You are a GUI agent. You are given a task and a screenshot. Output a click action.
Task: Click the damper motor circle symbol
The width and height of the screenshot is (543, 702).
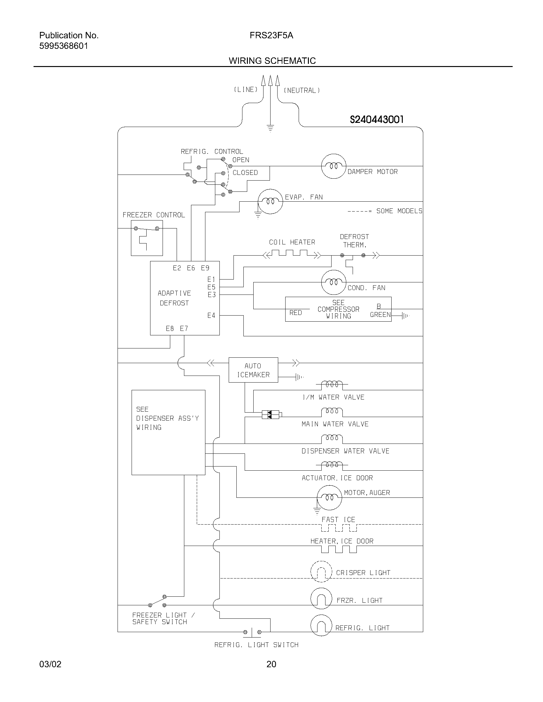point(333,166)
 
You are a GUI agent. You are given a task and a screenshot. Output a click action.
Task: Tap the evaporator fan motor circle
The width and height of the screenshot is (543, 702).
point(271,202)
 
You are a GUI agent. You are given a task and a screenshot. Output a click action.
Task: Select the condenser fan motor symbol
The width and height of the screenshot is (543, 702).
point(333,282)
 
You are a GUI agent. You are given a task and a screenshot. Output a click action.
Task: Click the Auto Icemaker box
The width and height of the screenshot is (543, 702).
point(253,370)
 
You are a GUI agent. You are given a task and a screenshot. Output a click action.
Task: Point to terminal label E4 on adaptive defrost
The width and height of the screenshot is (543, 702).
point(211,316)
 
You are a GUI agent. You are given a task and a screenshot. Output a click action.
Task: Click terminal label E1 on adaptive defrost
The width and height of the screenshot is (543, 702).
point(211,279)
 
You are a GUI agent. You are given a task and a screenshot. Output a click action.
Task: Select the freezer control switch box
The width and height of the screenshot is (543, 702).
point(147,238)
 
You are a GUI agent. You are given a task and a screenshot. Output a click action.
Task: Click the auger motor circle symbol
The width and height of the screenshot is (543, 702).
point(329,497)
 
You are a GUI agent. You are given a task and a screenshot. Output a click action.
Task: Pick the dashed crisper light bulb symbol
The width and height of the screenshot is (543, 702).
point(321,571)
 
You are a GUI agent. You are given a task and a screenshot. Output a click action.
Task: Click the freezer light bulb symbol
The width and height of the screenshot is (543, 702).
point(321,599)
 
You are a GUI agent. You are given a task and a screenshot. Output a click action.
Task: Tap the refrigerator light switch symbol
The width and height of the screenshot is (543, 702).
point(252,632)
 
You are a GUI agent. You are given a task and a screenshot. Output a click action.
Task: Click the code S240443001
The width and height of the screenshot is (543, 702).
point(376,120)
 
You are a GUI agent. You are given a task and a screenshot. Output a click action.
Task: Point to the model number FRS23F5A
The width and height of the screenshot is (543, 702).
point(271,35)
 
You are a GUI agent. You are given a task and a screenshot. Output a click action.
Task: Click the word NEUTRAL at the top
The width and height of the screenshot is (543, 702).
point(302,91)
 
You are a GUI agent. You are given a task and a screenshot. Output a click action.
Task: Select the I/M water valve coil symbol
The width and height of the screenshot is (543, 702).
point(332,384)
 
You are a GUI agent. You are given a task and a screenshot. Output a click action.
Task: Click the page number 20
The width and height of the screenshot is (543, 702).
point(271,664)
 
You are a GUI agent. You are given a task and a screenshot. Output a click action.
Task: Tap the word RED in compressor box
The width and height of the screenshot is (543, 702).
point(295,313)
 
